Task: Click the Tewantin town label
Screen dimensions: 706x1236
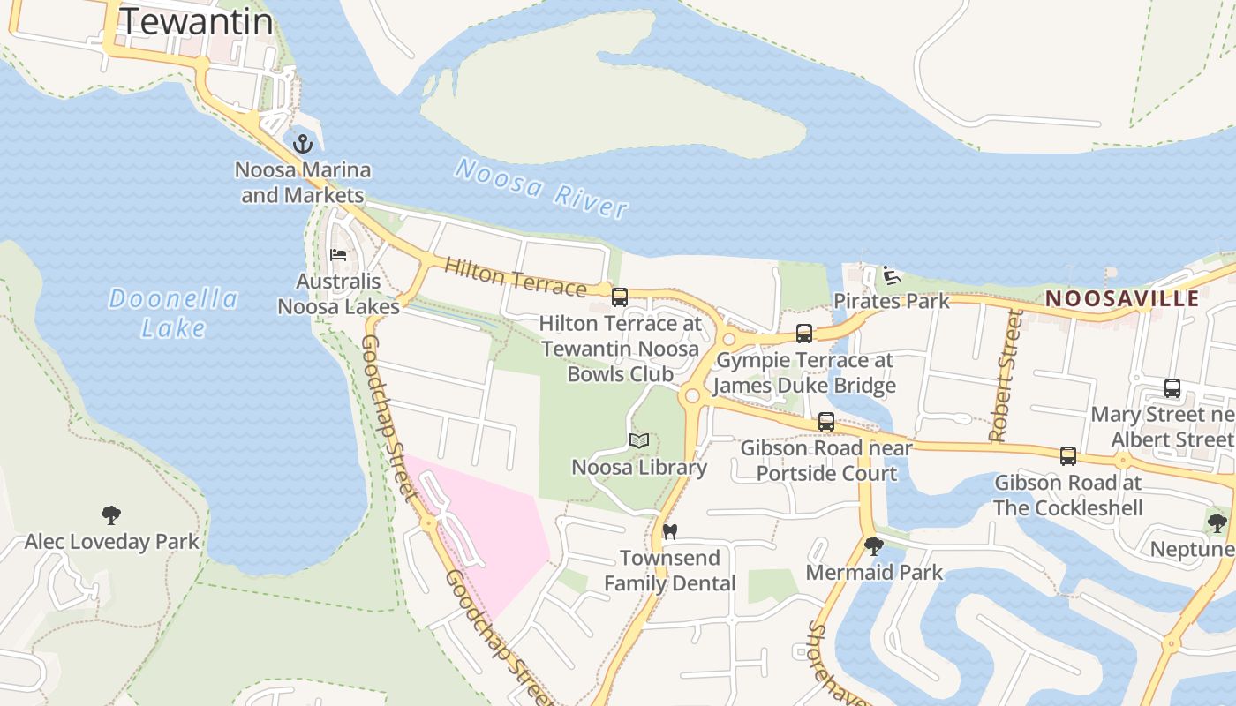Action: (196, 21)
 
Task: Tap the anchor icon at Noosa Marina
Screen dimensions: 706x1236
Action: (303, 143)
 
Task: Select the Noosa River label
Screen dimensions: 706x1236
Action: (541, 187)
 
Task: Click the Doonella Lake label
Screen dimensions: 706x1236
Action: (174, 312)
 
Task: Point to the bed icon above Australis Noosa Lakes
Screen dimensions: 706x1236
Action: (338, 255)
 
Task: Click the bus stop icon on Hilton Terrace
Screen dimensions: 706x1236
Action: (620, 297)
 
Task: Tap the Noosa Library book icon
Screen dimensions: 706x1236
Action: (639, 440)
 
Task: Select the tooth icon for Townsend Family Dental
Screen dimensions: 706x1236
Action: (669, 531)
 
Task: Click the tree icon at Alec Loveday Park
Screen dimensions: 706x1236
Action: (110, 514)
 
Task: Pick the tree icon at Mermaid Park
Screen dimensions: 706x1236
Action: (874, 546)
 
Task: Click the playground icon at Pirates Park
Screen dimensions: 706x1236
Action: (892, 275)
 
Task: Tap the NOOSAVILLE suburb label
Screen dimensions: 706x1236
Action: (1122, 298)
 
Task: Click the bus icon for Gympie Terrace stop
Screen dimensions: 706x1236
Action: (804, 334)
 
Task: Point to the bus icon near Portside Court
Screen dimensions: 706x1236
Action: (826, 422)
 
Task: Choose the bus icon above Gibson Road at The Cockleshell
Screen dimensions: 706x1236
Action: (1068, 456)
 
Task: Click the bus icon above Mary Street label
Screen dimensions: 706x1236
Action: (1172, 387)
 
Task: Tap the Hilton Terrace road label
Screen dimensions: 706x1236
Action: (516, 277)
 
